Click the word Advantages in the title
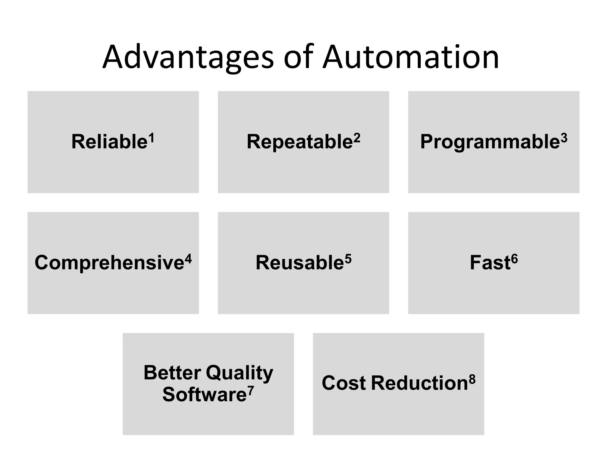click(188, 57)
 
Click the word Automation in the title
click(411, 57)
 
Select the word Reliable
click(109, 142)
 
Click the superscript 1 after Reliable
click(151, 137)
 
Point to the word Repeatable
click(300, 142)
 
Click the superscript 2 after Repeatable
click(357, 137)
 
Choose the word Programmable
click(490, 142)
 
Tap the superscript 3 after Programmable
click(564, 137)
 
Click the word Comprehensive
click(109, 263)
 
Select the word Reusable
click(300, 262)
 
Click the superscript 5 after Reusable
click(348, 258)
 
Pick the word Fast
click(490, 262)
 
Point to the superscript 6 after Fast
click(514, 258)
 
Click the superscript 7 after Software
click(250, 390)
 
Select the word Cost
click(344, 383)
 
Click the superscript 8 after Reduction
click(472, 379)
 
